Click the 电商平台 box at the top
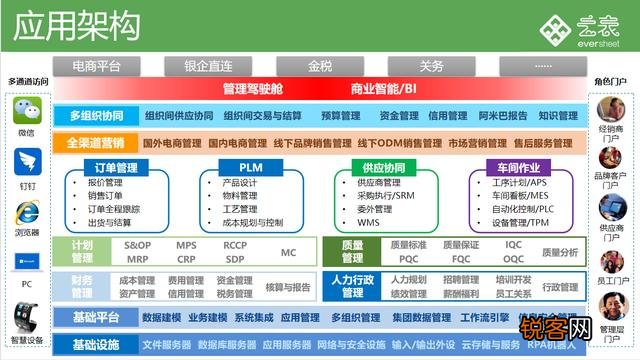pyautogui.click(x=97, y=66)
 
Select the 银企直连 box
pyautogui.click(x=207, y=66)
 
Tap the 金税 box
pyautogui.click(x=320, y=66)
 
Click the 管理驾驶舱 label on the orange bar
pyautogui.click(x=253, y=88)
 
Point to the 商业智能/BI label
pyautogui.click(x=383, y=88)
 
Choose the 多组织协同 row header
pyautogui.click(x=96, y=115)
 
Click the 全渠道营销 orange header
pyautogui.click(x=96, y=142)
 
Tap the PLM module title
pyautogui.click(x=252, y=167)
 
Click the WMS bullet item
pyautogui.click(x=369, y=223)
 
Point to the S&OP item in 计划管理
pyautogui.click(x=138, y=245)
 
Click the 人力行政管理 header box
pyautogui.click(x=353, y=286)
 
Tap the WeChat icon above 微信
pyautogui.click(x=26, y=109)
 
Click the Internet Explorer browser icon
pyautogui.click(x=26, y=213)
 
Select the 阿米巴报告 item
pyautogui.click(x=503, y=115)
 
